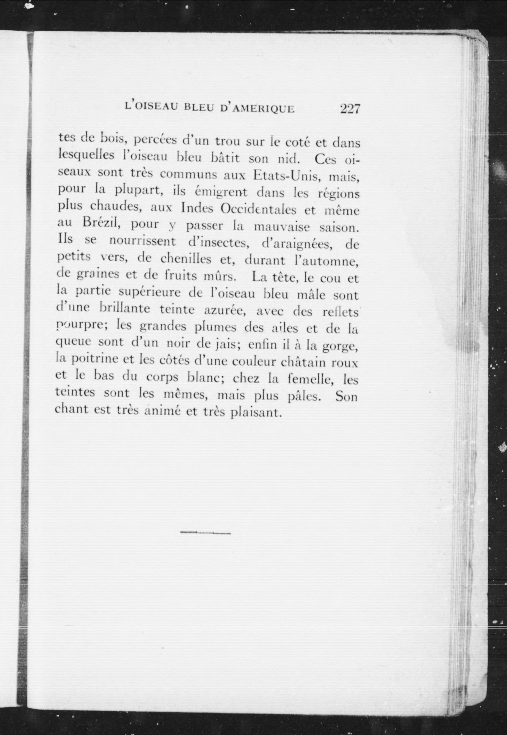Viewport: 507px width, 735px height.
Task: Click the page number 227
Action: [350, 109]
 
